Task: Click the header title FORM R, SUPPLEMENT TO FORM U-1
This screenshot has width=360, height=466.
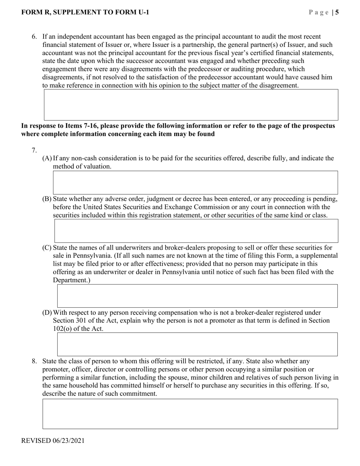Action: (85, 13)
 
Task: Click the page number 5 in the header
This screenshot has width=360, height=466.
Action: (337, 13)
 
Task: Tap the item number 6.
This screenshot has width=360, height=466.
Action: (34, 37)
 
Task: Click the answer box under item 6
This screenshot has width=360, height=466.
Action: (191, 105)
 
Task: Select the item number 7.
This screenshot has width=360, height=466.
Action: (34, 150)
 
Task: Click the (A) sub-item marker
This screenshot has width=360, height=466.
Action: (47, 158)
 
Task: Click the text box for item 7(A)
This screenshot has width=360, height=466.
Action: (195, 183)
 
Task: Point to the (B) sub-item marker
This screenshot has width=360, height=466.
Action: (47, 199)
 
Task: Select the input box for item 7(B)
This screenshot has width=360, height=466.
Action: (196, 231)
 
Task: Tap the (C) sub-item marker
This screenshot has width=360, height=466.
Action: (47, 248)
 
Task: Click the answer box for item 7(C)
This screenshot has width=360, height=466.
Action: (197, 296)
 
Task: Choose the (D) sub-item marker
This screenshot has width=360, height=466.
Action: (47, 313)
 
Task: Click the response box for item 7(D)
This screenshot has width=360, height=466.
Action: (197, 344)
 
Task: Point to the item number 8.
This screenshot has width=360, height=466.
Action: (34, 361)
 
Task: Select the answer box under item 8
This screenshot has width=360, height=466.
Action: (190, 414)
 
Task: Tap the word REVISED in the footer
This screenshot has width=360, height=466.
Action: (36, 441)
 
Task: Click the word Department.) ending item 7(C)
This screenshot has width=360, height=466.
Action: (72, 280)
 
